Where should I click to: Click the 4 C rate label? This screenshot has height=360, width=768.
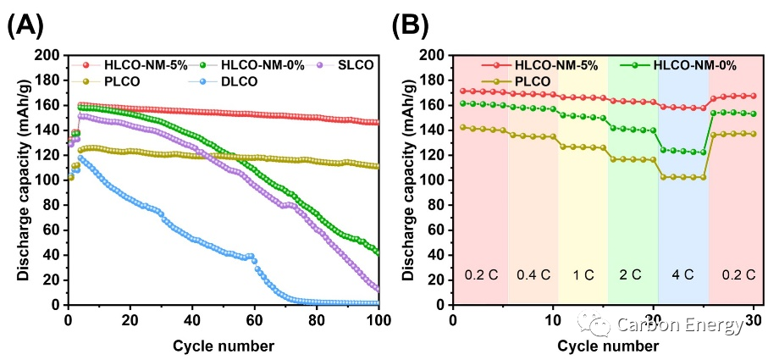pyautogui.click(x=682, y=274)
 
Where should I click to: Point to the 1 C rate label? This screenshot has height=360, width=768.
pyautogui.click(x=583, y=274)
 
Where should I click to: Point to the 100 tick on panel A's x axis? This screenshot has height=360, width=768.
pyautogui.click(x=378, y=321)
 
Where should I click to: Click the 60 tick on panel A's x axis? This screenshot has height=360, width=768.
pyautogui.click(x=254, y=321)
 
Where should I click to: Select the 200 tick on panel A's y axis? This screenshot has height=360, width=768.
pyautogui.click(x=49, y=56)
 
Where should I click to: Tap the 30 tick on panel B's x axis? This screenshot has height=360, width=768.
pyautogui.click(x=754, y=321)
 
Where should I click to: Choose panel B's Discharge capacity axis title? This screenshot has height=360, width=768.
pyautogui.click(x=409, y=180)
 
